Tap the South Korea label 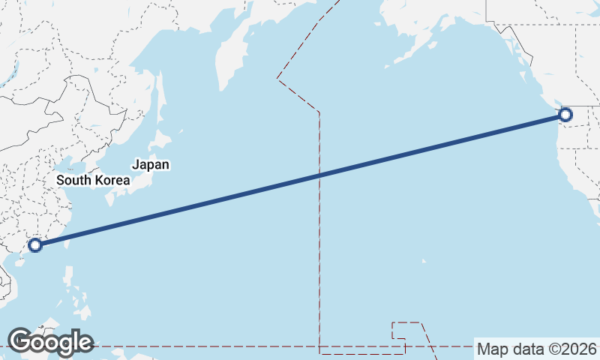(x=93, y=180)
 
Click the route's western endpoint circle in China (x=34, y=244)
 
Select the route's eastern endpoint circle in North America (x=565, y=115)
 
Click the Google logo (x=49, y=342)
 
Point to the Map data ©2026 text (x=537, y=349)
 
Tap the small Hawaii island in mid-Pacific (x=424, y=261)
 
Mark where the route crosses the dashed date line (x=319, y=175)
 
